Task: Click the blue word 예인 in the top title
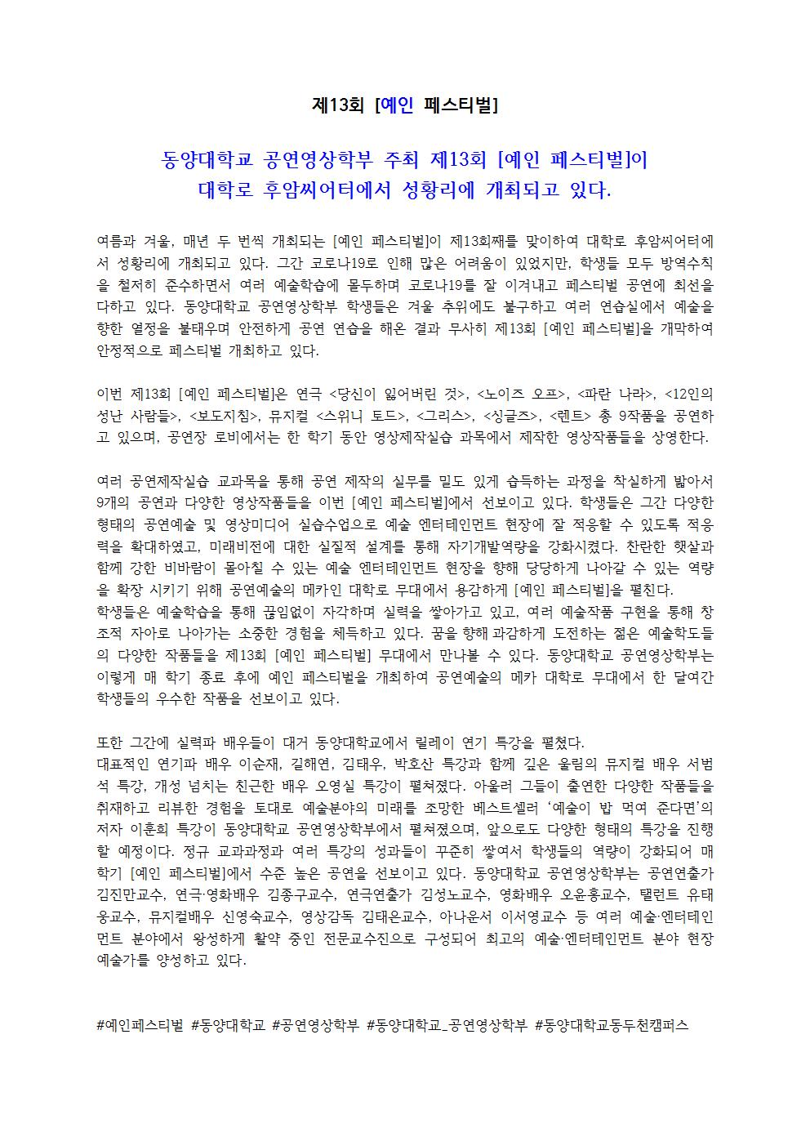398,105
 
